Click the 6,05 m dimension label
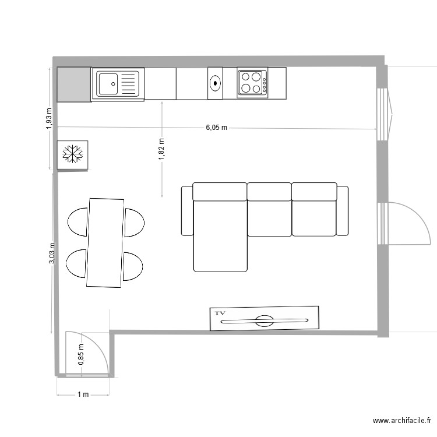tap(216, 128)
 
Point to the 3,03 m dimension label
tap(52, 253)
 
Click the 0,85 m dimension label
tap(81, 355)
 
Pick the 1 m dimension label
tap(83, 394)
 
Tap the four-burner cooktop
tap(252, 82)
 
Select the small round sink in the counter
tap(216, 83)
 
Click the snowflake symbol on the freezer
tap(73, 154)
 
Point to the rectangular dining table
tap(105, 242)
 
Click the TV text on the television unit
tap(220, 313)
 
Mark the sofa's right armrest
tap(343, 210)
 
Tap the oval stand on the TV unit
tap(263, 320)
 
